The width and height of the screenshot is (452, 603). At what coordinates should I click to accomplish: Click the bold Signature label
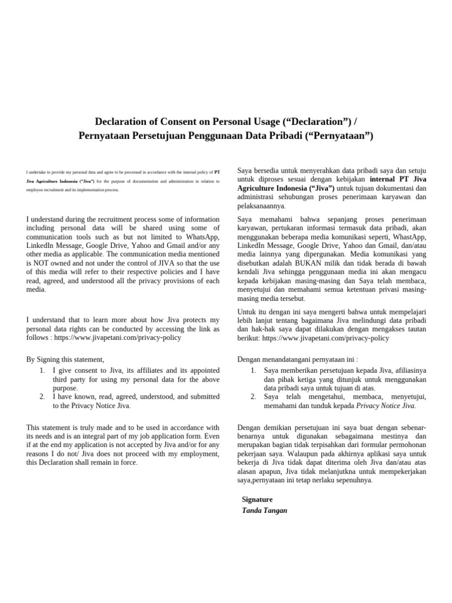click(257, 499)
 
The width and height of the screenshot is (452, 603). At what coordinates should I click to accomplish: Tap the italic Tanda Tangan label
click(264, 510)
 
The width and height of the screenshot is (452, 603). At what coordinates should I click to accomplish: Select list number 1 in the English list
click(42, 370)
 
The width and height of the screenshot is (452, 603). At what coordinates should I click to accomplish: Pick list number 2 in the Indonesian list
click(252, 397)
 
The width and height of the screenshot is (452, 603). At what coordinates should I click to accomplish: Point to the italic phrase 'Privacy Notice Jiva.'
click(386, 406)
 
